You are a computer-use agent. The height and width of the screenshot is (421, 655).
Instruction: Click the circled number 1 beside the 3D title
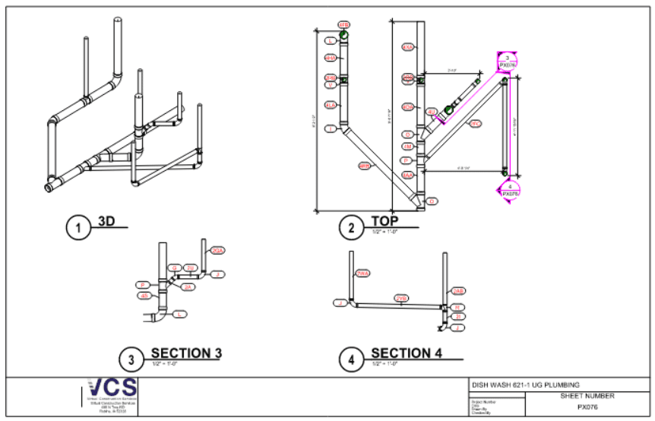[x=76, y=226]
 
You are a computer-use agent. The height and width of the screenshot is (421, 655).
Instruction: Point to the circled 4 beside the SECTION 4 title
[x=351, y=359]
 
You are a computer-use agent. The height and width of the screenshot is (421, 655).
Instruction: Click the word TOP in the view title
[x=384, y=221]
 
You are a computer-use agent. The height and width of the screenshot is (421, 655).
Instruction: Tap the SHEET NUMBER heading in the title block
[x=588, y=395]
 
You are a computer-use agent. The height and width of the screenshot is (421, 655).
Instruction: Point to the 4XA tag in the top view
[x=408, y=47]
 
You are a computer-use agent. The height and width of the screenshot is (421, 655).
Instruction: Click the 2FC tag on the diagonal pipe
[x=475, y=123]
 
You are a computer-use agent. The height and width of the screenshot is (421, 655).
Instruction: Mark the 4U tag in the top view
[x=432, y=112]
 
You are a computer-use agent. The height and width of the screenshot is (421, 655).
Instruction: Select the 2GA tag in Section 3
[x=218, y=251]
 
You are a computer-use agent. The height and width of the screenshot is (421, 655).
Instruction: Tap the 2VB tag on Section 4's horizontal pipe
[x=401, y=299]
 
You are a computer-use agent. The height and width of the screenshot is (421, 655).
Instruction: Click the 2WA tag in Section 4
[x=363, y=274]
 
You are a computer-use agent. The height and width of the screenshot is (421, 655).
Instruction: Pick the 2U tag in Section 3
[x=191, y=267]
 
